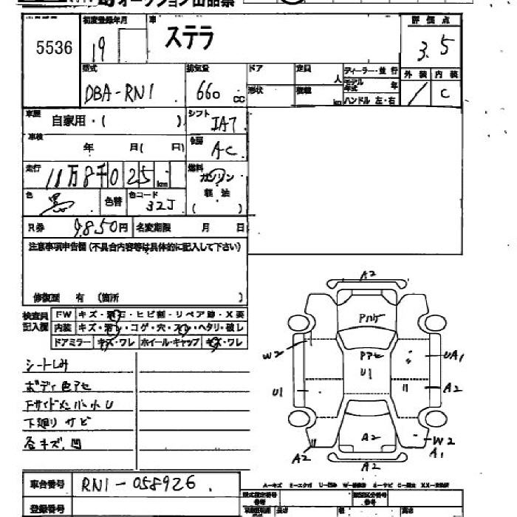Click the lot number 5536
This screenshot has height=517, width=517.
55,48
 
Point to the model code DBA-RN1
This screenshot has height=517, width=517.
121,94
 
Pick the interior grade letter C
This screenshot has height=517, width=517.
445,93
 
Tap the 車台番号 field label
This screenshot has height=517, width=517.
47,485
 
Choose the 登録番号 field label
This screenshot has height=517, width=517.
47,508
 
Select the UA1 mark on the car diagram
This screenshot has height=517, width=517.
453,356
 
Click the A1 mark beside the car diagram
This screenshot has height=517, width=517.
437,453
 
